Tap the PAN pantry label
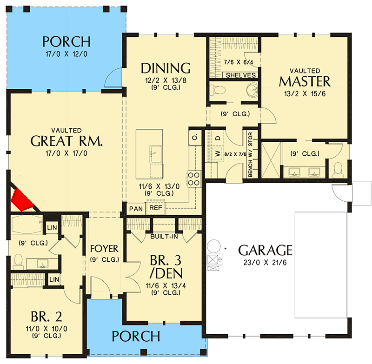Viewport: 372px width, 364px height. coord(136,209)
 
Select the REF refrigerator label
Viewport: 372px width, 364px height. coord(156,208)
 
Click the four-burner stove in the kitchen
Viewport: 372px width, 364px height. coord(193,179)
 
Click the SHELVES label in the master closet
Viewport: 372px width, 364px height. coord(240,75)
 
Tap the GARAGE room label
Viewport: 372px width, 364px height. coord(265,250)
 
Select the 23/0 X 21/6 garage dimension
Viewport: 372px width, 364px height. coord(265,263)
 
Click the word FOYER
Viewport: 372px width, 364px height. coord(104,249)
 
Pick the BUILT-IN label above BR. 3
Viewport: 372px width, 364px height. coord(164,237)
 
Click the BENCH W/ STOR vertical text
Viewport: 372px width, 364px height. coord(250,155)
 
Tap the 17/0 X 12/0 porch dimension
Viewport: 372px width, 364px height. coord(66,54)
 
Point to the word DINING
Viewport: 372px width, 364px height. coord(166,68)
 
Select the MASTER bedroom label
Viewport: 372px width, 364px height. coord(305,81)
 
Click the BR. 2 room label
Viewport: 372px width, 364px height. coord(46,316)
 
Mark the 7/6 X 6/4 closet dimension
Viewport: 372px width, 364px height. coord(239,62)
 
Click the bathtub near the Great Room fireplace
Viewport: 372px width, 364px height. coord(27,224)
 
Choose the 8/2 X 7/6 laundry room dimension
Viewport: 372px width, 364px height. coord(235,154)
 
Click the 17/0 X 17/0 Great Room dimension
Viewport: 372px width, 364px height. coord(66,153)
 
